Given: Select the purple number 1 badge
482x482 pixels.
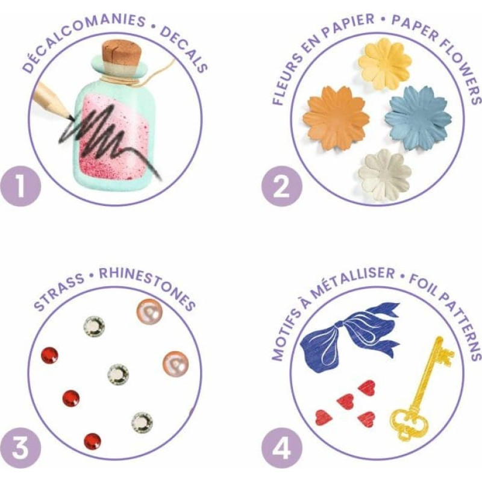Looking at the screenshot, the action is pyautogui.click(x=20, y=186).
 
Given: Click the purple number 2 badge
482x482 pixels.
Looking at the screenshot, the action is pyautogui.click(x=281, y=186).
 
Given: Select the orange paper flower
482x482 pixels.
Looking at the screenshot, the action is pyautogui.click(x=336, y=117).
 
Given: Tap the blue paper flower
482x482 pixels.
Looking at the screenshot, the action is pyautogui.click(x=418, y=117).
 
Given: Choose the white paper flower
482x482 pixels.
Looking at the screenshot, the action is pyautogui.click(x=384, y=175).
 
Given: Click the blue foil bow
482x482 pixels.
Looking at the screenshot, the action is pyautogui.click(x=351, y=337).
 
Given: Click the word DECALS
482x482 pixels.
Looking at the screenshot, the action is pyautogui.click(x=184, y=49).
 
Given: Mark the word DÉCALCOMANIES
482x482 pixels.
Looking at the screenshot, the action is pyautogui.click(x=84, y=39).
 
